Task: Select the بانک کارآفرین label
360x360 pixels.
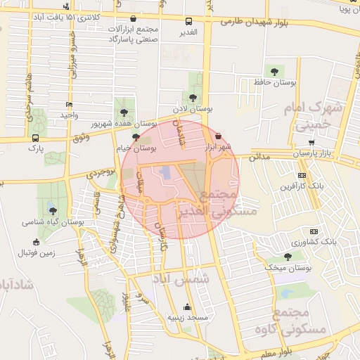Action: (x=303, y=187)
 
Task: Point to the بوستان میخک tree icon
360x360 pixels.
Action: (x=287, y=257)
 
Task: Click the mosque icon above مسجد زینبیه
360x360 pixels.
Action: (x=186, y=307)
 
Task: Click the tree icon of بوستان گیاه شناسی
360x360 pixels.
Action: (x=53, y=210)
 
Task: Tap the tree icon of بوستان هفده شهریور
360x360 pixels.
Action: (x=124, y=112)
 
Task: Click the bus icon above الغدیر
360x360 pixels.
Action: (x=188, y=22)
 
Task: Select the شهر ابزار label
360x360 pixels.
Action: (x=218, y=148)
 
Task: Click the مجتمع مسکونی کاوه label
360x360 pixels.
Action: (x=307, y=321)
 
